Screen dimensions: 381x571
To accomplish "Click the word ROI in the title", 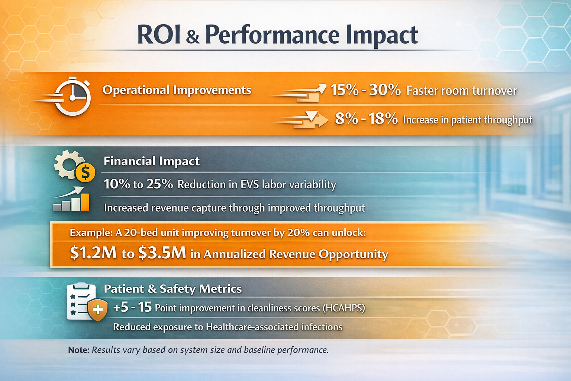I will [159, 35].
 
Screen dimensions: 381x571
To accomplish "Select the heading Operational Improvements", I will [177, 90].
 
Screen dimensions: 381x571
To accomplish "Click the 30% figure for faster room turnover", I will [385, 90].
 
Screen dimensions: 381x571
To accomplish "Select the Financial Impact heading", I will [151, 161].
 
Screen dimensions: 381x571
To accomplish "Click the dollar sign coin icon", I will [85, 173].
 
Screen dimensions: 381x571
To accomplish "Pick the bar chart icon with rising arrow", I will [72, 200].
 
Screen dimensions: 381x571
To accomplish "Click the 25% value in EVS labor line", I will [159, 184].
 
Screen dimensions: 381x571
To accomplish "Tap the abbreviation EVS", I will [249, 185].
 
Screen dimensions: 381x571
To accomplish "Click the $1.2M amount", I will [93, 253].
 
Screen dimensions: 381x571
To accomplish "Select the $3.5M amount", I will [162, 253].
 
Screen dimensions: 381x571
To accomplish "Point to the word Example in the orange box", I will [91, 233].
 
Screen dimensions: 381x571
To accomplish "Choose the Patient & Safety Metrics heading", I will [172, 289].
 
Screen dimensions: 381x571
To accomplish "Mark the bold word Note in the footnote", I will [78, 350].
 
